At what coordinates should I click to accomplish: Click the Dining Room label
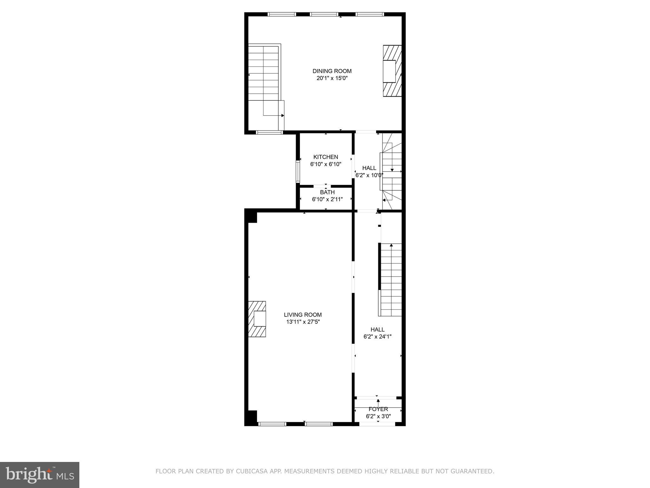tap(332, 71)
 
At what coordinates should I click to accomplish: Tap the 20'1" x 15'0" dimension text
tap(332, 78)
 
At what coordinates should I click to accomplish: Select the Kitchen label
tap(326, 157)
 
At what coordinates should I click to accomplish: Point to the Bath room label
tap(327, 192)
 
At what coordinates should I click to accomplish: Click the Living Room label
tap(303, 315)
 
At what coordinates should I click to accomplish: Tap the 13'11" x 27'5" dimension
tap(303, 322)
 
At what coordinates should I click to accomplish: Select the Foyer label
tap(378, 409)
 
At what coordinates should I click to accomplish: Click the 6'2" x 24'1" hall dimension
tap(377, 336)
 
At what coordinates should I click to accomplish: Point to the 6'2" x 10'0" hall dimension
tap(369, 175)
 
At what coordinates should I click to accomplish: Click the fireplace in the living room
tap(257, 319)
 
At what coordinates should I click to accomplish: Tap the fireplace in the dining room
tap(392, 71)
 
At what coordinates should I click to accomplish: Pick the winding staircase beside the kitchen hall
tap(392, 172)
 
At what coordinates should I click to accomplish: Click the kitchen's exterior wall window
tap(298, 171)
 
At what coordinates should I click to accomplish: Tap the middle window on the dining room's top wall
tap(324, 14)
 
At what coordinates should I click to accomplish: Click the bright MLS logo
tap(40, 475)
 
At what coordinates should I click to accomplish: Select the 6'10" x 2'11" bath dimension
tap(327, 199)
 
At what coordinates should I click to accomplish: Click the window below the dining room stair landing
tap(269, 132)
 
